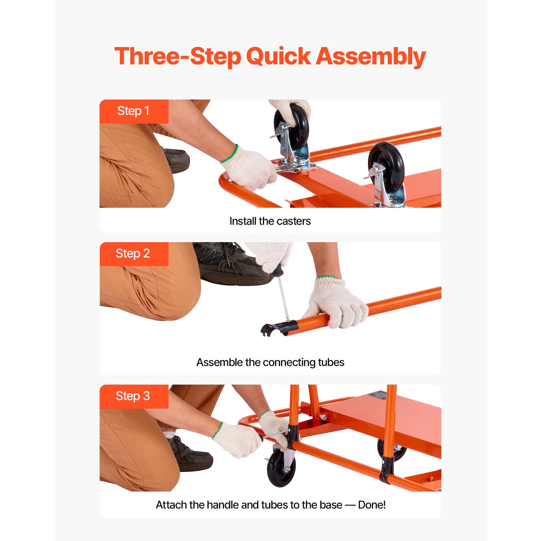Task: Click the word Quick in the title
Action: [x=278, y=56]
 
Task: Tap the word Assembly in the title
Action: [x=371, y=56]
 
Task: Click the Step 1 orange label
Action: [x=134, y=111]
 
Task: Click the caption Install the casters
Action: [x=270, y=221]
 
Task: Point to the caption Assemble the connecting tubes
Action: [x=270, y=362]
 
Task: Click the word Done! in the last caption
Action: [x=372, y=505]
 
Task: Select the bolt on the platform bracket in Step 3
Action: [x=323, y=417]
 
